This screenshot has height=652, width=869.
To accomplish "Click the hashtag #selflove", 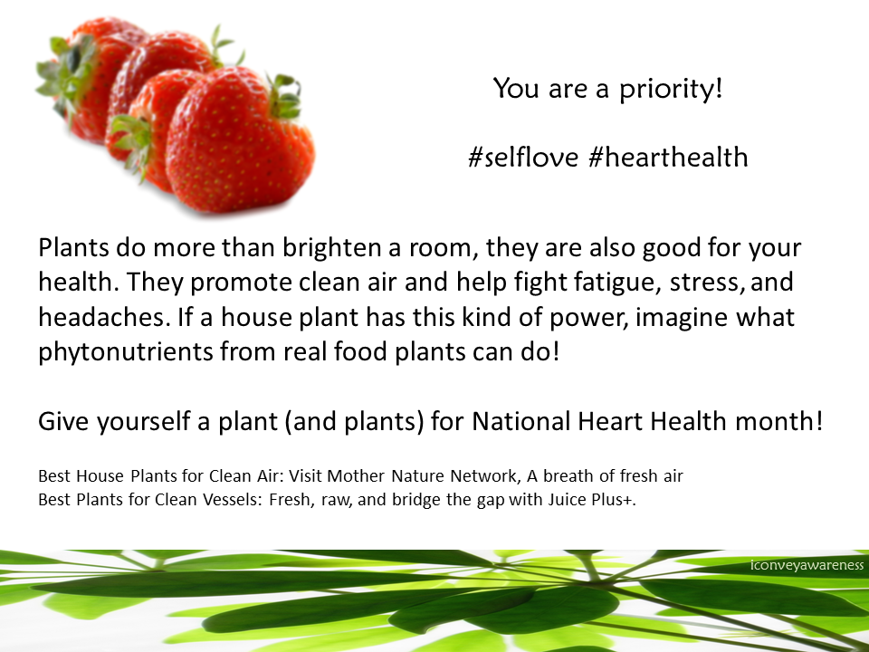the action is [523, 157].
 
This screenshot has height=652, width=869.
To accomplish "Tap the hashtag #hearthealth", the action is [668, 157].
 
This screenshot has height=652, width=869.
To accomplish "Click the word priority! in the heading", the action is [671, 90].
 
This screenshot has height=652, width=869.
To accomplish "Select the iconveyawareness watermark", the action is [807, 565].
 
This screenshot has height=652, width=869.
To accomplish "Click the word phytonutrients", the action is [125, 352].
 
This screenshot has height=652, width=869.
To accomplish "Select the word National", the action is [521, 421].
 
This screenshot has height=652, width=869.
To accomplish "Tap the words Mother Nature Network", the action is [422, 475].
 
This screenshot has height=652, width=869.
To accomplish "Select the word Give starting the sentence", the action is [63, 421].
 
